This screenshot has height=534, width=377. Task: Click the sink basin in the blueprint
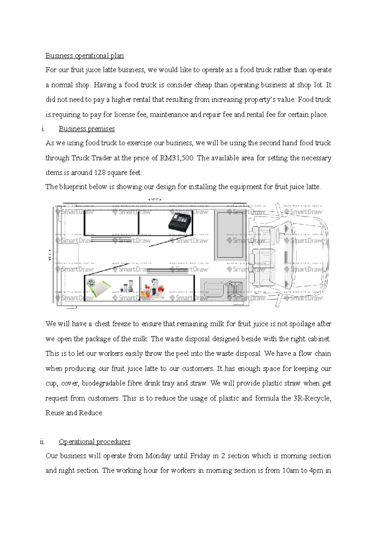tap(213, 288)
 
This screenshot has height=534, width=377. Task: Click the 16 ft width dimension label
tap(155, 199)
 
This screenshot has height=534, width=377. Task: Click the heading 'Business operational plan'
tap(85, 56)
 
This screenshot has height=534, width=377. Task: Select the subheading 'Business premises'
tap(87, 129)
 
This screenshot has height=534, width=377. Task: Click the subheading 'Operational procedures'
tap(94, 442)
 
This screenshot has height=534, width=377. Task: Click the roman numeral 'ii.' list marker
tap(43, 442)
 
